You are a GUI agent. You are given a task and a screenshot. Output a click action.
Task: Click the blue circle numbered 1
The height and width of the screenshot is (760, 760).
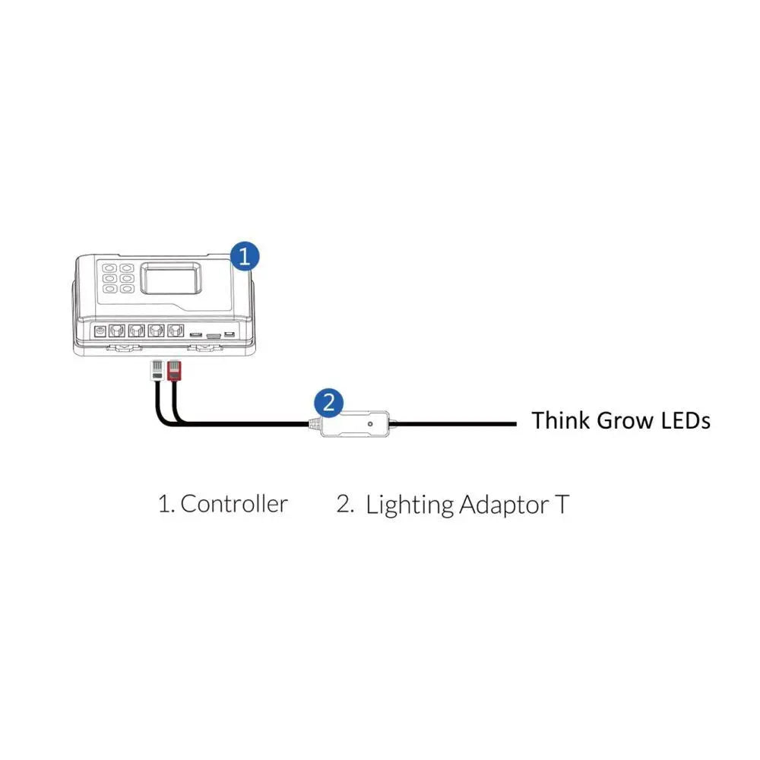point(243,255)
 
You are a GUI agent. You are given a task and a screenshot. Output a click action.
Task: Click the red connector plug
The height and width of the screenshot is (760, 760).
point(174,371)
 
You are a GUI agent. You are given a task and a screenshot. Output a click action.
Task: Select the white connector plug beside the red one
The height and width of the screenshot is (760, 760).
point(157,371)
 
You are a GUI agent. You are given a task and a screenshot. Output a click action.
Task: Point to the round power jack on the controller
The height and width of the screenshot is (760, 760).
point(100,331)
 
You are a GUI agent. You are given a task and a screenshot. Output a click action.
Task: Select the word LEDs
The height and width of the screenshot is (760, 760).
point(684,420)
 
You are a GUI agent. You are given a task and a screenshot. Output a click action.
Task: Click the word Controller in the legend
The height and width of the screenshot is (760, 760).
point(234,503)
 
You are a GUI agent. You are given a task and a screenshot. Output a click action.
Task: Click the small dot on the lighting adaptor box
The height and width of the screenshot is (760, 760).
point(369,423)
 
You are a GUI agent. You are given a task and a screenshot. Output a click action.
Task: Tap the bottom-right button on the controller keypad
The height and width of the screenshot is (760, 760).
point(126,289)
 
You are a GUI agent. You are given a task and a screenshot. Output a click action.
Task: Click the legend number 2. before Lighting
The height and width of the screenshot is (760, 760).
point(345,503)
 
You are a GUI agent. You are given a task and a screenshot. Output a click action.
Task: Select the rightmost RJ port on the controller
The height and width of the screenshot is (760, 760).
point(175,331)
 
